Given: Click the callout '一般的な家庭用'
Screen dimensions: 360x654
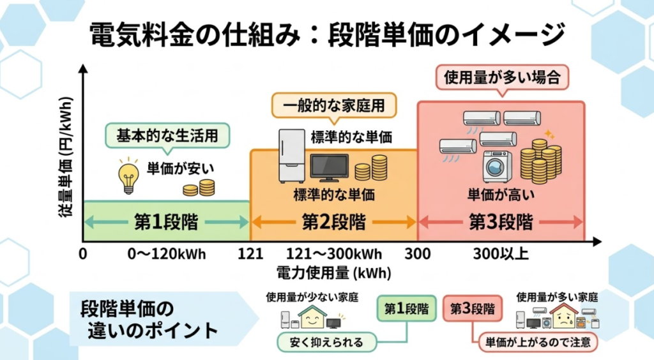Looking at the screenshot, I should click(x=333, y=105).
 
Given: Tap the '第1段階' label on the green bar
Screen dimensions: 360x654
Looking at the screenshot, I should click(x=165, y=222).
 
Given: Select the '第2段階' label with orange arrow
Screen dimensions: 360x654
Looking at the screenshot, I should click(x=333, y=222).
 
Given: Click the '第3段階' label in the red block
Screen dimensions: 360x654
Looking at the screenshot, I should click(x=501, y=222).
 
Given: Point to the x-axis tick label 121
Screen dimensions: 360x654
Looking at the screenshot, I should click(x=250, y=254).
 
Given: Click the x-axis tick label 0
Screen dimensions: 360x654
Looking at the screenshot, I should click(x=83, y=254).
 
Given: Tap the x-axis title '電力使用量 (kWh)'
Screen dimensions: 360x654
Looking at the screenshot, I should click(x=333, y=273).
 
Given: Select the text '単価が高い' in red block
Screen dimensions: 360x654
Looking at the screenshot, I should click(x=501, y=194).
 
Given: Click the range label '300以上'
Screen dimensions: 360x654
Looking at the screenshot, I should click(x=501, y=254).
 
